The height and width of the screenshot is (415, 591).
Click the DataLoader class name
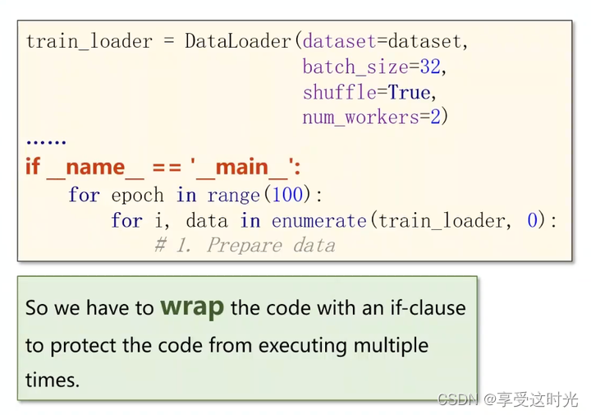(239, 41)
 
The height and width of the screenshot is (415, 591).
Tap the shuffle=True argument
(367, 92)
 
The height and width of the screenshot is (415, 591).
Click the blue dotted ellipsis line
(46, 141)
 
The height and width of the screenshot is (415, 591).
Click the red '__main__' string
(244, 168)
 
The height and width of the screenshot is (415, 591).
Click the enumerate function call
(318, 220)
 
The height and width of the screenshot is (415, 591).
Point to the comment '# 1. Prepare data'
(245, 245)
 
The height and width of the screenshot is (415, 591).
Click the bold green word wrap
(192, 307)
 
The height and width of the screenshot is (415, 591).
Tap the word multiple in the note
(392, 345)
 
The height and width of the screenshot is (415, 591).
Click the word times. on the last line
(53, 381)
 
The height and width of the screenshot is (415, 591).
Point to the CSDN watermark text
(457, 399)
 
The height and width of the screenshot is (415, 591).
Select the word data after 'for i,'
(208, 220)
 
